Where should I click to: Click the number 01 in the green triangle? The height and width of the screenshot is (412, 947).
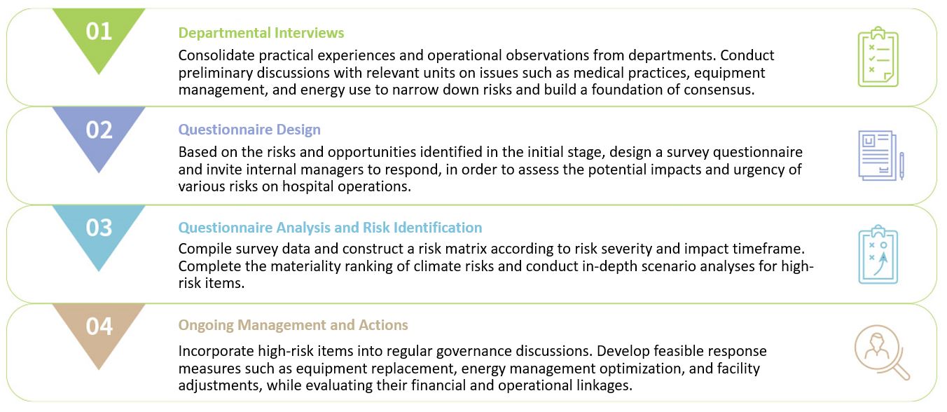tap(99, 32)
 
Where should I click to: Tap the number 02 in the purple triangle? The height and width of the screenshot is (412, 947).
tap(99, 130)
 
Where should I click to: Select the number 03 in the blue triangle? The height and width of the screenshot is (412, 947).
tap(99, 228)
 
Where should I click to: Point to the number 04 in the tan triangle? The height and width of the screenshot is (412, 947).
tap(99, 326)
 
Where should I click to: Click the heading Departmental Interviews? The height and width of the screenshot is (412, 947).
tap(261, 33)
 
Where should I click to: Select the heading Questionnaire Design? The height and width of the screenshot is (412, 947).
tap(249, 130)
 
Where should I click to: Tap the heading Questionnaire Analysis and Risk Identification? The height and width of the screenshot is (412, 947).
tap(330, 228)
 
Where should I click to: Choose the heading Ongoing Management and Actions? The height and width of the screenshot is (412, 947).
tap(293, 325)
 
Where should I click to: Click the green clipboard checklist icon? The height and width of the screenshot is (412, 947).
tap(878, 57)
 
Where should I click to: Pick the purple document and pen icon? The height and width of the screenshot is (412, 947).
tap(881, 156)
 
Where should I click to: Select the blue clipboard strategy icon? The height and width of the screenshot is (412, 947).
tap(878, 254)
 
